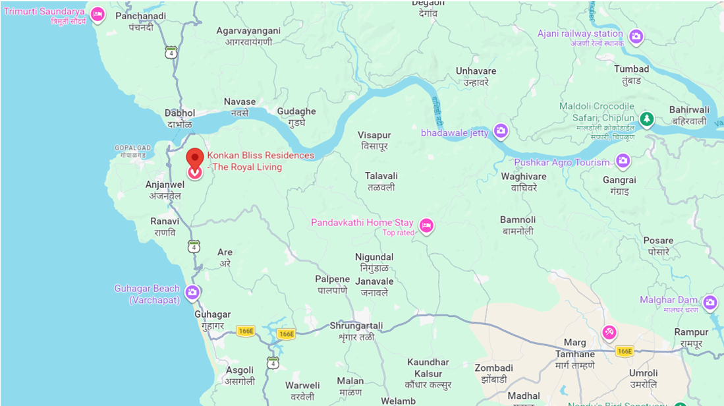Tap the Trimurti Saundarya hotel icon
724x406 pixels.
[97, 14]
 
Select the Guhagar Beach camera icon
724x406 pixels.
[192, 293]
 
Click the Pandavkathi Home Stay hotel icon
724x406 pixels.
[426, 226]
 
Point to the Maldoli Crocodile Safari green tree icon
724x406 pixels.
[648, 118]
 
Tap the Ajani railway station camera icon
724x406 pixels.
[636, 36]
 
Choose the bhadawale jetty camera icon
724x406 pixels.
[501, 132]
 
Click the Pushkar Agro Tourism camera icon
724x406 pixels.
[623, 161]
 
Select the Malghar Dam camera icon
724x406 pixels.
[710, 303]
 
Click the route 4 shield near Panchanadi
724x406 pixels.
[171, 53]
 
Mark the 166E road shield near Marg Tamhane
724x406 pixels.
[624, 351]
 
